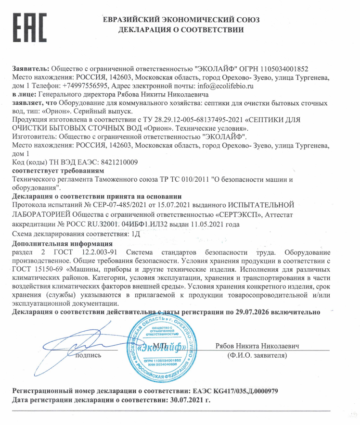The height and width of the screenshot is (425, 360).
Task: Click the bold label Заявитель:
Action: click(30, 69)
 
